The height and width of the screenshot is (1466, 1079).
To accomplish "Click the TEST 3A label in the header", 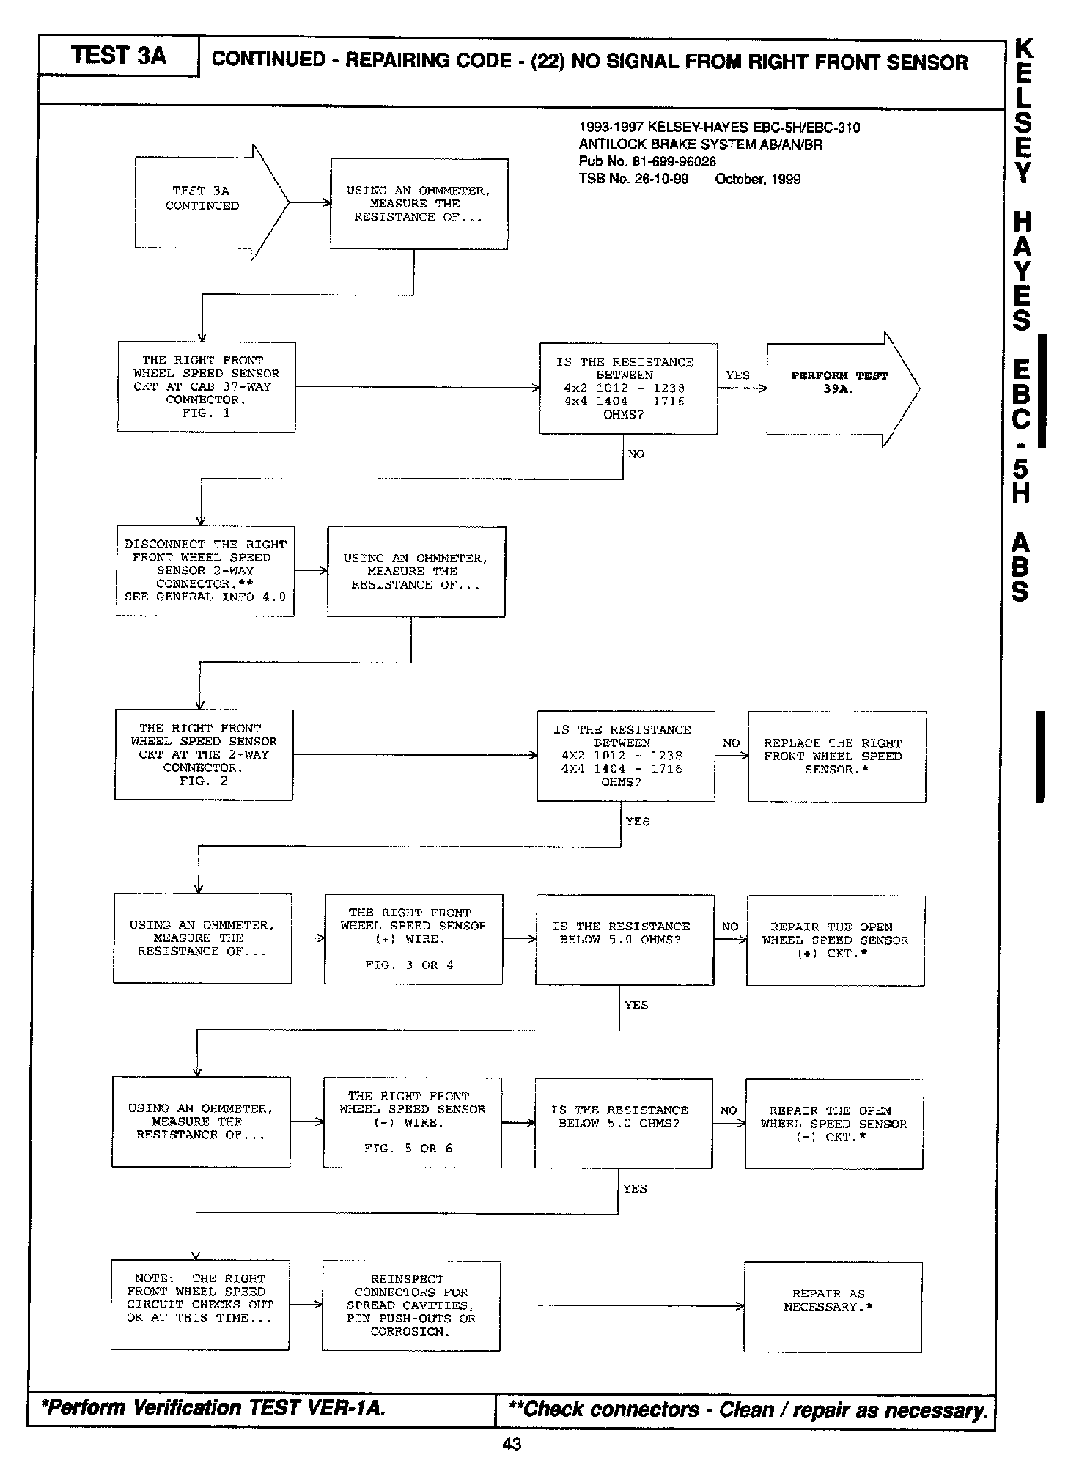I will pos(119,56).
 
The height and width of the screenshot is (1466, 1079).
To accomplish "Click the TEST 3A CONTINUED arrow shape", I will pos(205,202).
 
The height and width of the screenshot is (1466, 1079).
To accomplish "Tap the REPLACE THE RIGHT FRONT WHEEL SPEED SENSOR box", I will pos(836,756).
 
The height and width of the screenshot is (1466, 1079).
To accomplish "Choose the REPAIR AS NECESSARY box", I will pos(832,1307).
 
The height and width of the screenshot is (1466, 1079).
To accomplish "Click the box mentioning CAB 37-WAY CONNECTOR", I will pos(207,387).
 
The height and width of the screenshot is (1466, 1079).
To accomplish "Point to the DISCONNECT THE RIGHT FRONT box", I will pos(205,571).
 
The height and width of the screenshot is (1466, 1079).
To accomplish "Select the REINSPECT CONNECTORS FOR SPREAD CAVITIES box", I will pos(411,1305).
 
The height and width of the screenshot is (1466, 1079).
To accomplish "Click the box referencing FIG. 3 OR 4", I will pos(413,939).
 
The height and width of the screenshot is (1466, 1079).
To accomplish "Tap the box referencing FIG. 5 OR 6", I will pos(412,1122).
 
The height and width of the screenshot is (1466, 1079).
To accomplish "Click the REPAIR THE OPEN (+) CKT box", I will pos(835,940).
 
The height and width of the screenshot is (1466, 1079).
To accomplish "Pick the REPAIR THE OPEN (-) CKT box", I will pos(833,1124).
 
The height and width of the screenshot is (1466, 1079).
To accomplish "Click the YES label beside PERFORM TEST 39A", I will pos(737,375).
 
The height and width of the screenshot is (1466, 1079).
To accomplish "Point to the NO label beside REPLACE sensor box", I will pos(731,743).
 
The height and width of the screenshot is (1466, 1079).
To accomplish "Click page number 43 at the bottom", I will pos(512,1444).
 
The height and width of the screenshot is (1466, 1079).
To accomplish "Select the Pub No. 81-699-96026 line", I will pos(647,162).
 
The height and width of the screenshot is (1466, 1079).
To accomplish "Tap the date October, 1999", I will pos(757,179).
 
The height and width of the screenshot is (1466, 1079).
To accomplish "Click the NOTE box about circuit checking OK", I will pos(199,1305).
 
